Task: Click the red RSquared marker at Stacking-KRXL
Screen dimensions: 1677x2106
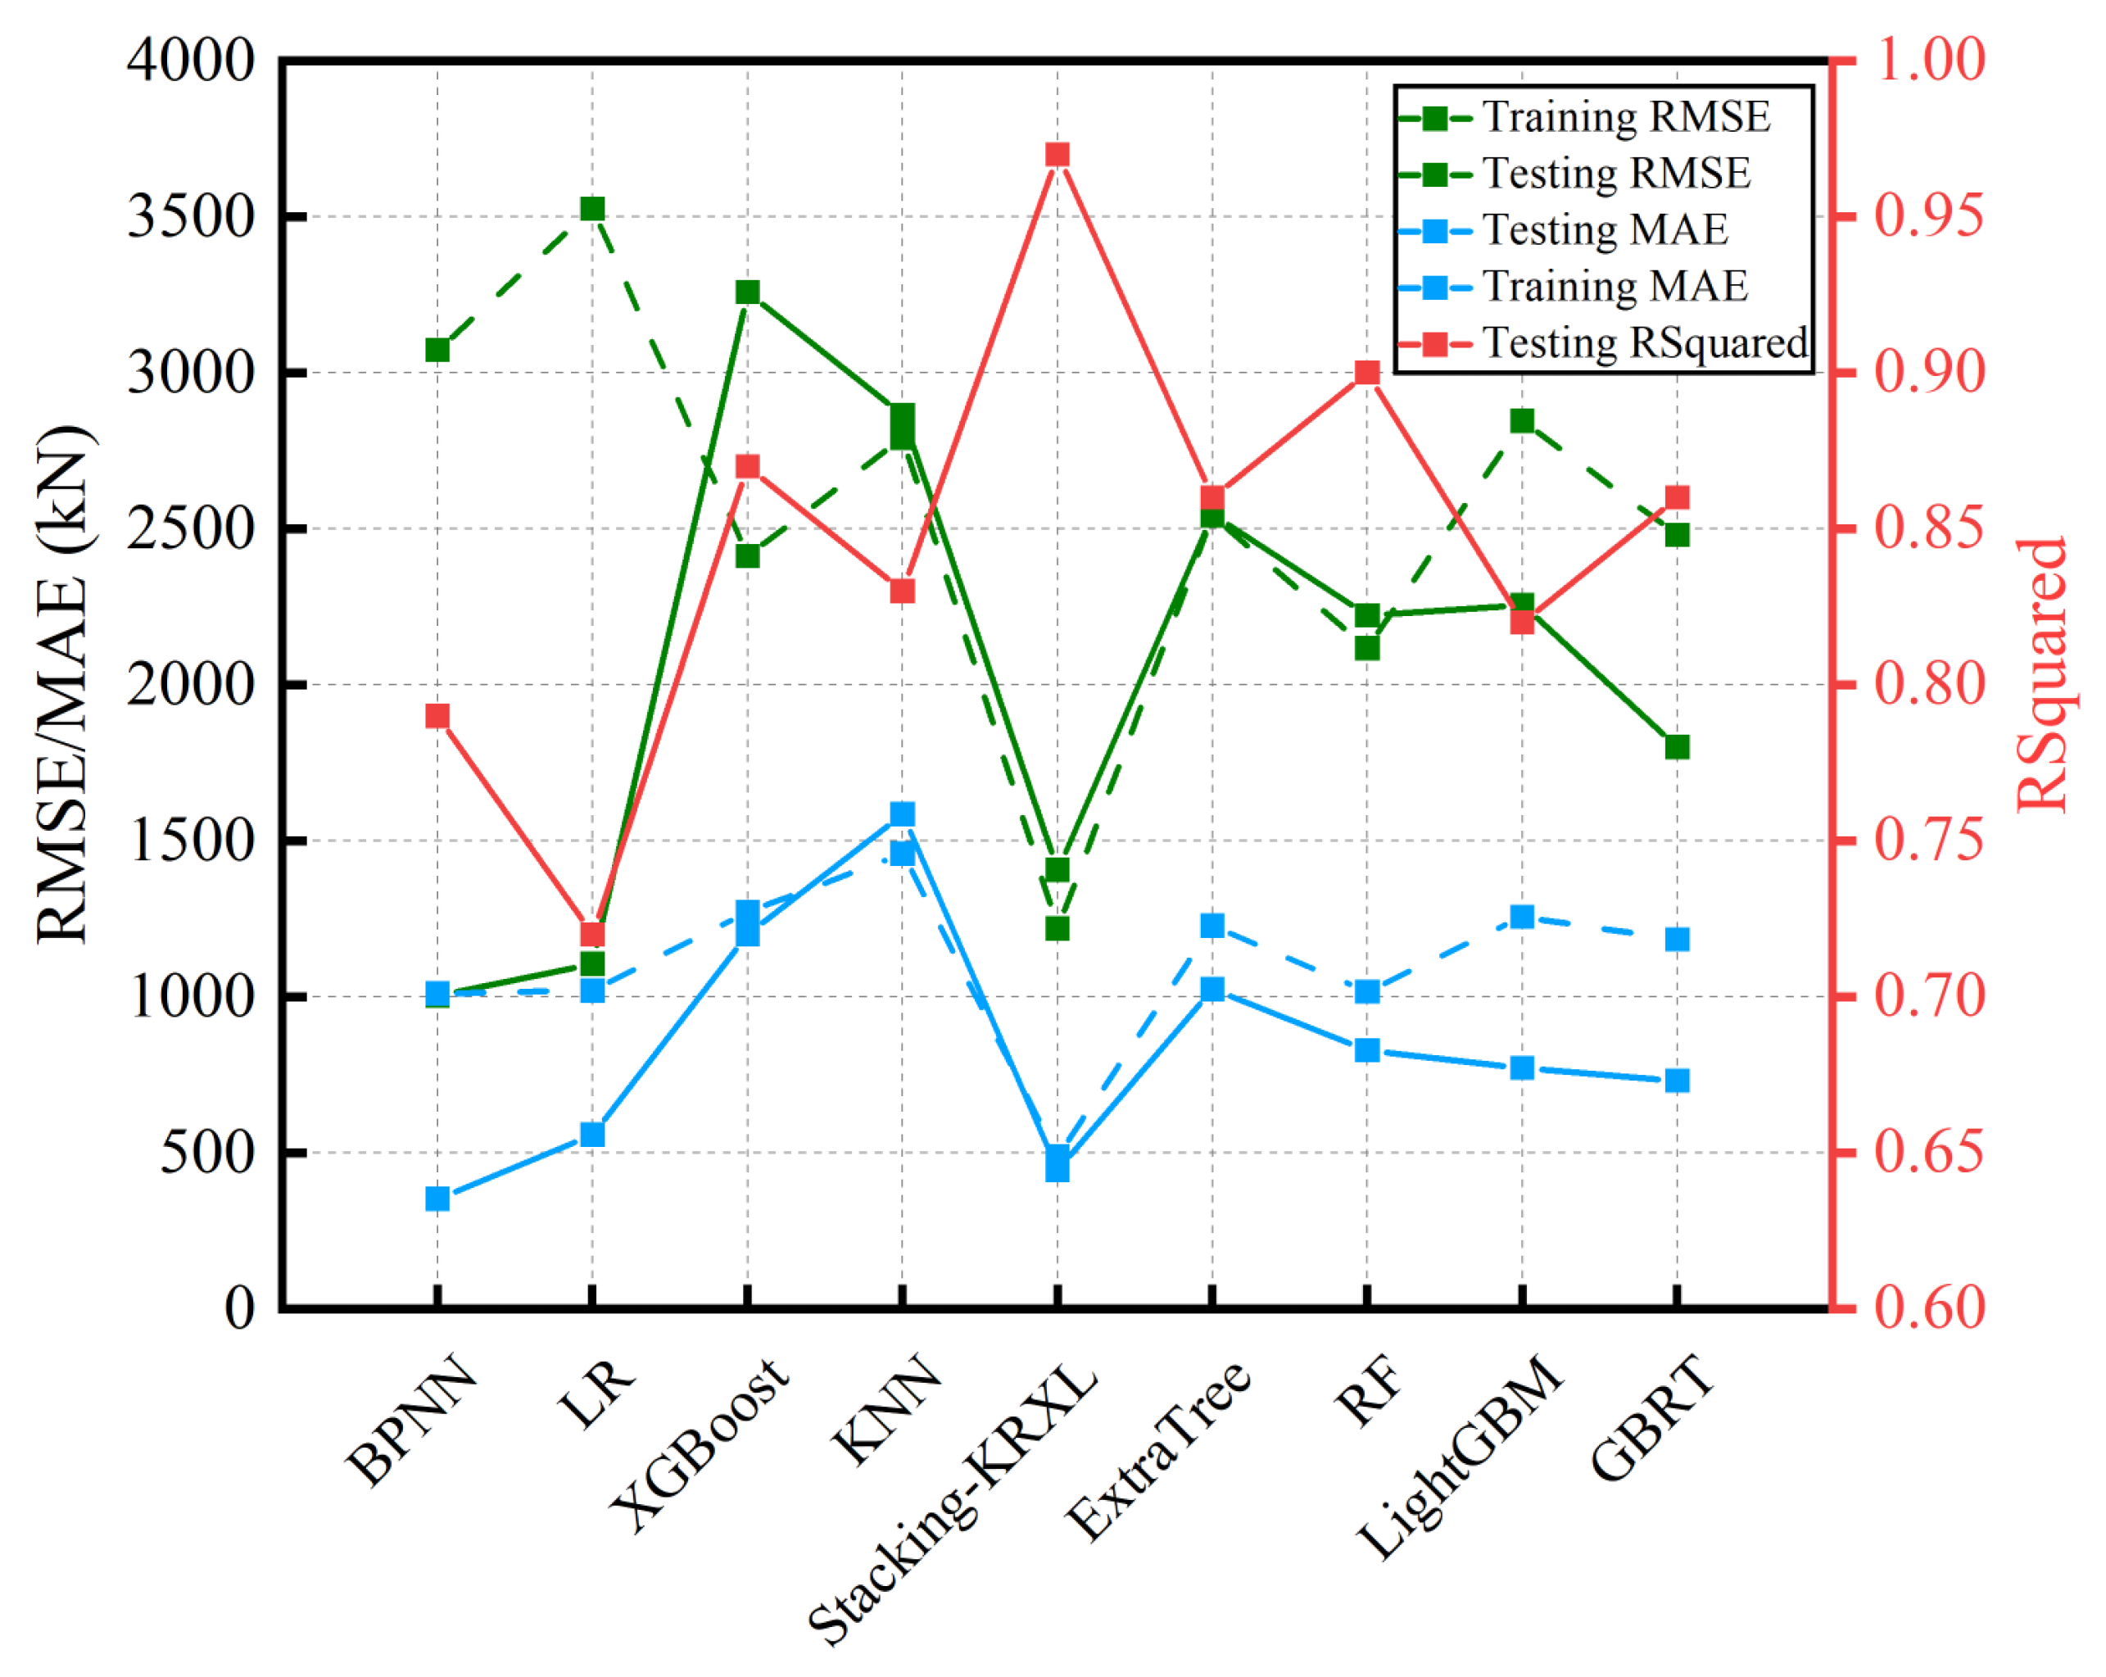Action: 1057,154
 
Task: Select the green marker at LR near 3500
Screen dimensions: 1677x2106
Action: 592,209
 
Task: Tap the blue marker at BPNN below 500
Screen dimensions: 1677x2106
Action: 437,1199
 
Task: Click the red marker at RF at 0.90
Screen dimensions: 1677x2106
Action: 1366,372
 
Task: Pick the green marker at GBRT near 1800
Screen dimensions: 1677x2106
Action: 1676,747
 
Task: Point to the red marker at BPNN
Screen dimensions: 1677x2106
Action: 437,716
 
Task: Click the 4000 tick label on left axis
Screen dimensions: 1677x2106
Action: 191,61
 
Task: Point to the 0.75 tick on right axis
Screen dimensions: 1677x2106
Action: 1929,840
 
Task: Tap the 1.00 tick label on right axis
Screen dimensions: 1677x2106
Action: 1929,61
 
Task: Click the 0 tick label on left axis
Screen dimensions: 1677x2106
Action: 239,1307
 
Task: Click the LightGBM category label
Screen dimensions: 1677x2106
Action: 1461,1455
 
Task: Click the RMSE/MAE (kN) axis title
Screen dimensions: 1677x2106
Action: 64,684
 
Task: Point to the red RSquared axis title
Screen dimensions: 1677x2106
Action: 2041,674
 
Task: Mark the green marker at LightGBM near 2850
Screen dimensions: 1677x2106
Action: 1521,421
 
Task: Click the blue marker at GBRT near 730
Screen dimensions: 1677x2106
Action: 1676,1081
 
